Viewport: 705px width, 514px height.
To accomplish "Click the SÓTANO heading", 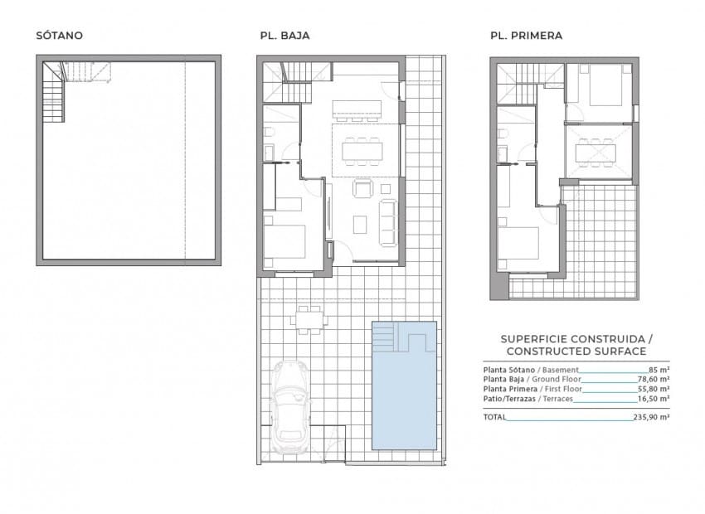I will pyautogui.click(x=59, y=36).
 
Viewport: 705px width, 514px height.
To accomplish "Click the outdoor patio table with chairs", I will pyautogui.click(x=309, y=317).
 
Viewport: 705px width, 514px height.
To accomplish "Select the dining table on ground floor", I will pyautogui.click(x=362, y=149).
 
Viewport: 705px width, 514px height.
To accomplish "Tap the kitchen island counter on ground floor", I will pyautogui.click(x=357, y=109).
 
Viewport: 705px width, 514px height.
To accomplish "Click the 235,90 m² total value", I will pyautogui.click(x=650, y=418).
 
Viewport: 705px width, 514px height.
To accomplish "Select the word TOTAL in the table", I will pyautogui.click(x=493, y=418).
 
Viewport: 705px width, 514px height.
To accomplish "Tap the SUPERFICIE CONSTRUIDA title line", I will pyautogui.click(x=576, y=340).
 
